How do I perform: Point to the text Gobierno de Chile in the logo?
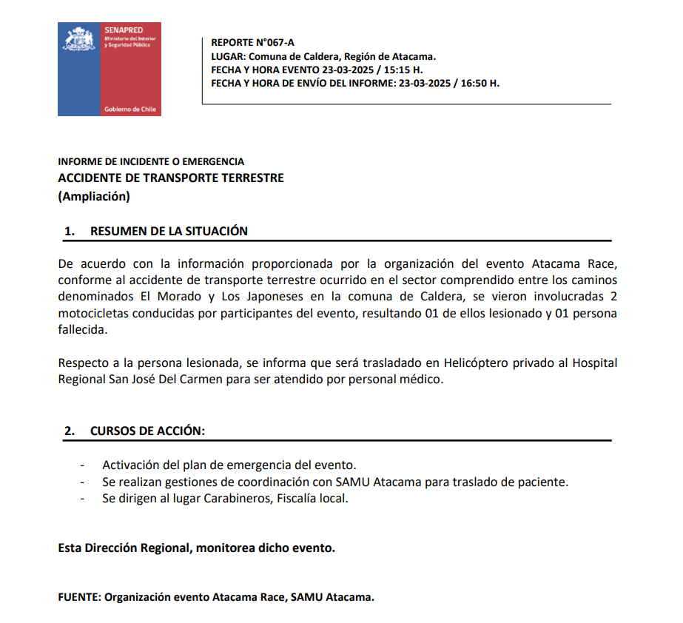pos(131,109)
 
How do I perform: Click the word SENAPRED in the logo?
pos(123,30)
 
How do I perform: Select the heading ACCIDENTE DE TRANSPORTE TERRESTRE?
pos(171,178)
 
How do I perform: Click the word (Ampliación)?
pos(94,196)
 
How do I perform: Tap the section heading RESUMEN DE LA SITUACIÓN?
pos(169,231)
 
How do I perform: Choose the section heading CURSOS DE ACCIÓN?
pos(147,431)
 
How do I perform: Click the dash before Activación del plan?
pos(81,465)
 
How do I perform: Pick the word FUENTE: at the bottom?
pos(79,597)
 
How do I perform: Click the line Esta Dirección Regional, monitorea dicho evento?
pos(197,548)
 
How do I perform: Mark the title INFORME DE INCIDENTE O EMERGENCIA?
pos(151,161)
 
